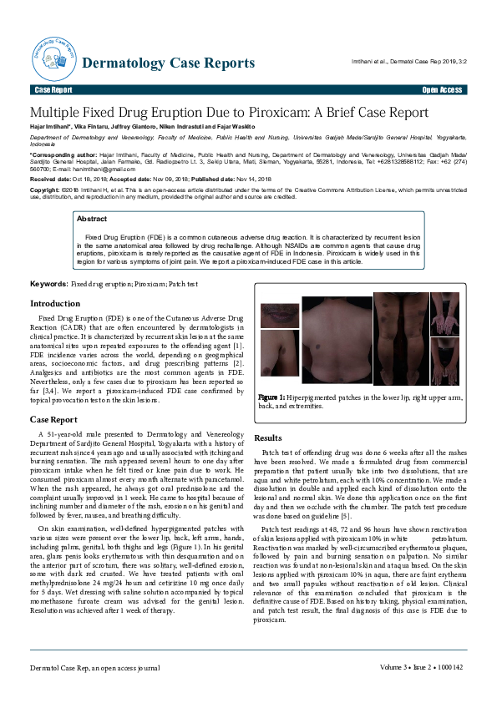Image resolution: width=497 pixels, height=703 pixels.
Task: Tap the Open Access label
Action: [442, 89]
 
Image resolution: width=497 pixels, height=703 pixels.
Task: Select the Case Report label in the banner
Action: [53, 89]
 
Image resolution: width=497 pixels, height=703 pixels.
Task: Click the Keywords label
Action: [48, 285]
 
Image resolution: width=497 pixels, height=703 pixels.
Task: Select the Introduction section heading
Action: [55, 304]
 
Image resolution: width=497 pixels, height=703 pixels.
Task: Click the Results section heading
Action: [267, 437]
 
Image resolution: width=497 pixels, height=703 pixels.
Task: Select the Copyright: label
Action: [46, 190]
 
